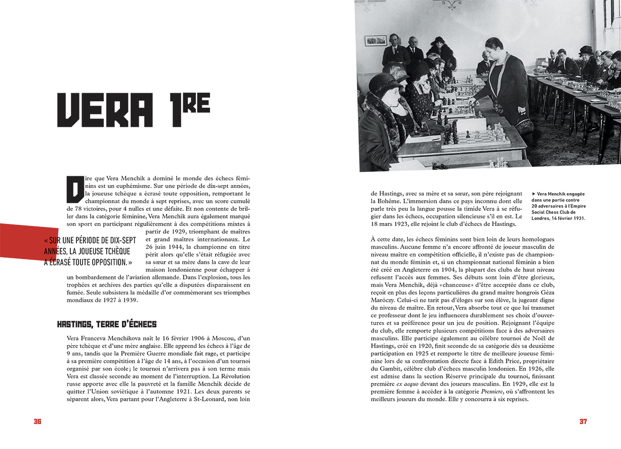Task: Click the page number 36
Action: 37,422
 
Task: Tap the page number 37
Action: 583,422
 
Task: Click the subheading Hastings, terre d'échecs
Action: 107,324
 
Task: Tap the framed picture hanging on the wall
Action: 376,40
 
